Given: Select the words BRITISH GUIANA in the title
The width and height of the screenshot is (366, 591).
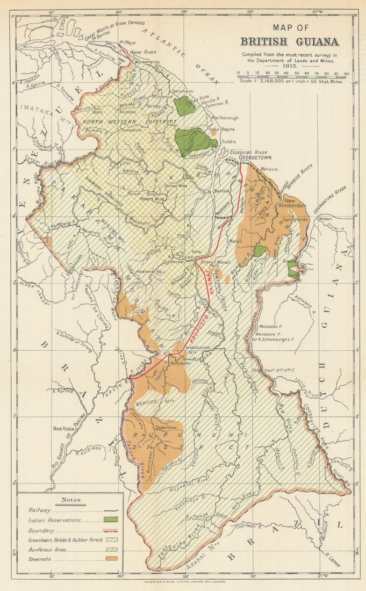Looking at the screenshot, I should click(x=289, y=41).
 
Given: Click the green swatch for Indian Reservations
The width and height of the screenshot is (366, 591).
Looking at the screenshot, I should click(x=111, y=520).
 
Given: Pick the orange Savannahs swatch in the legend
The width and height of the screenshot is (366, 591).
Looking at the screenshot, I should click(x=111, y=558).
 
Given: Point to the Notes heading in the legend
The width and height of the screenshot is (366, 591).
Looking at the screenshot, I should click(x=70, y=500).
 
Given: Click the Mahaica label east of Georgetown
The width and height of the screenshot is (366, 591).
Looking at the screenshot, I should click(x=269, y=169).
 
